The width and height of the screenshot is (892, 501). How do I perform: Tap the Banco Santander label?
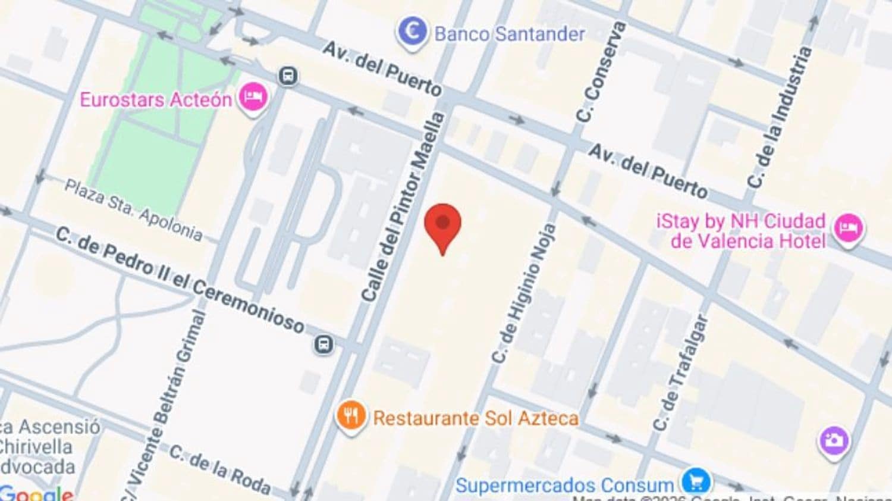point(510,34)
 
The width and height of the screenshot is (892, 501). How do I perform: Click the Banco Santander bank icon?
point(412,32)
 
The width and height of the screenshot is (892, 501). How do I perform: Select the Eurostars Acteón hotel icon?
point(253,98)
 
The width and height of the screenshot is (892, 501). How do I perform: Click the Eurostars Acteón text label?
point(156,99)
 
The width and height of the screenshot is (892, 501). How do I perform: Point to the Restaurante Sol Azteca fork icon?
point(351,416)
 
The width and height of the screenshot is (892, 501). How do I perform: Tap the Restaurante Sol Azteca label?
point(475,418)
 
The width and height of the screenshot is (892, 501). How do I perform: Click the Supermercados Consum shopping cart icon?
point(695,481)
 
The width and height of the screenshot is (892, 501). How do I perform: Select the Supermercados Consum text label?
point(564,485)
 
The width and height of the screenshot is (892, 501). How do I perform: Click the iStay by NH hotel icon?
point(848,228)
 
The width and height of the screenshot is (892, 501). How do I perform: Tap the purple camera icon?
point(834,440)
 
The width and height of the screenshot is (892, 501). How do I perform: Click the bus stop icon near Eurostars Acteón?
point(288,76)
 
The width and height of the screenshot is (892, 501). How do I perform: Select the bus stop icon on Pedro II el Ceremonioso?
point(323,344)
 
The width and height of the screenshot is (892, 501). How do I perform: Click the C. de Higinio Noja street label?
point(524,294)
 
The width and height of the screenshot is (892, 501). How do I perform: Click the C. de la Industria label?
point(779,117)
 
